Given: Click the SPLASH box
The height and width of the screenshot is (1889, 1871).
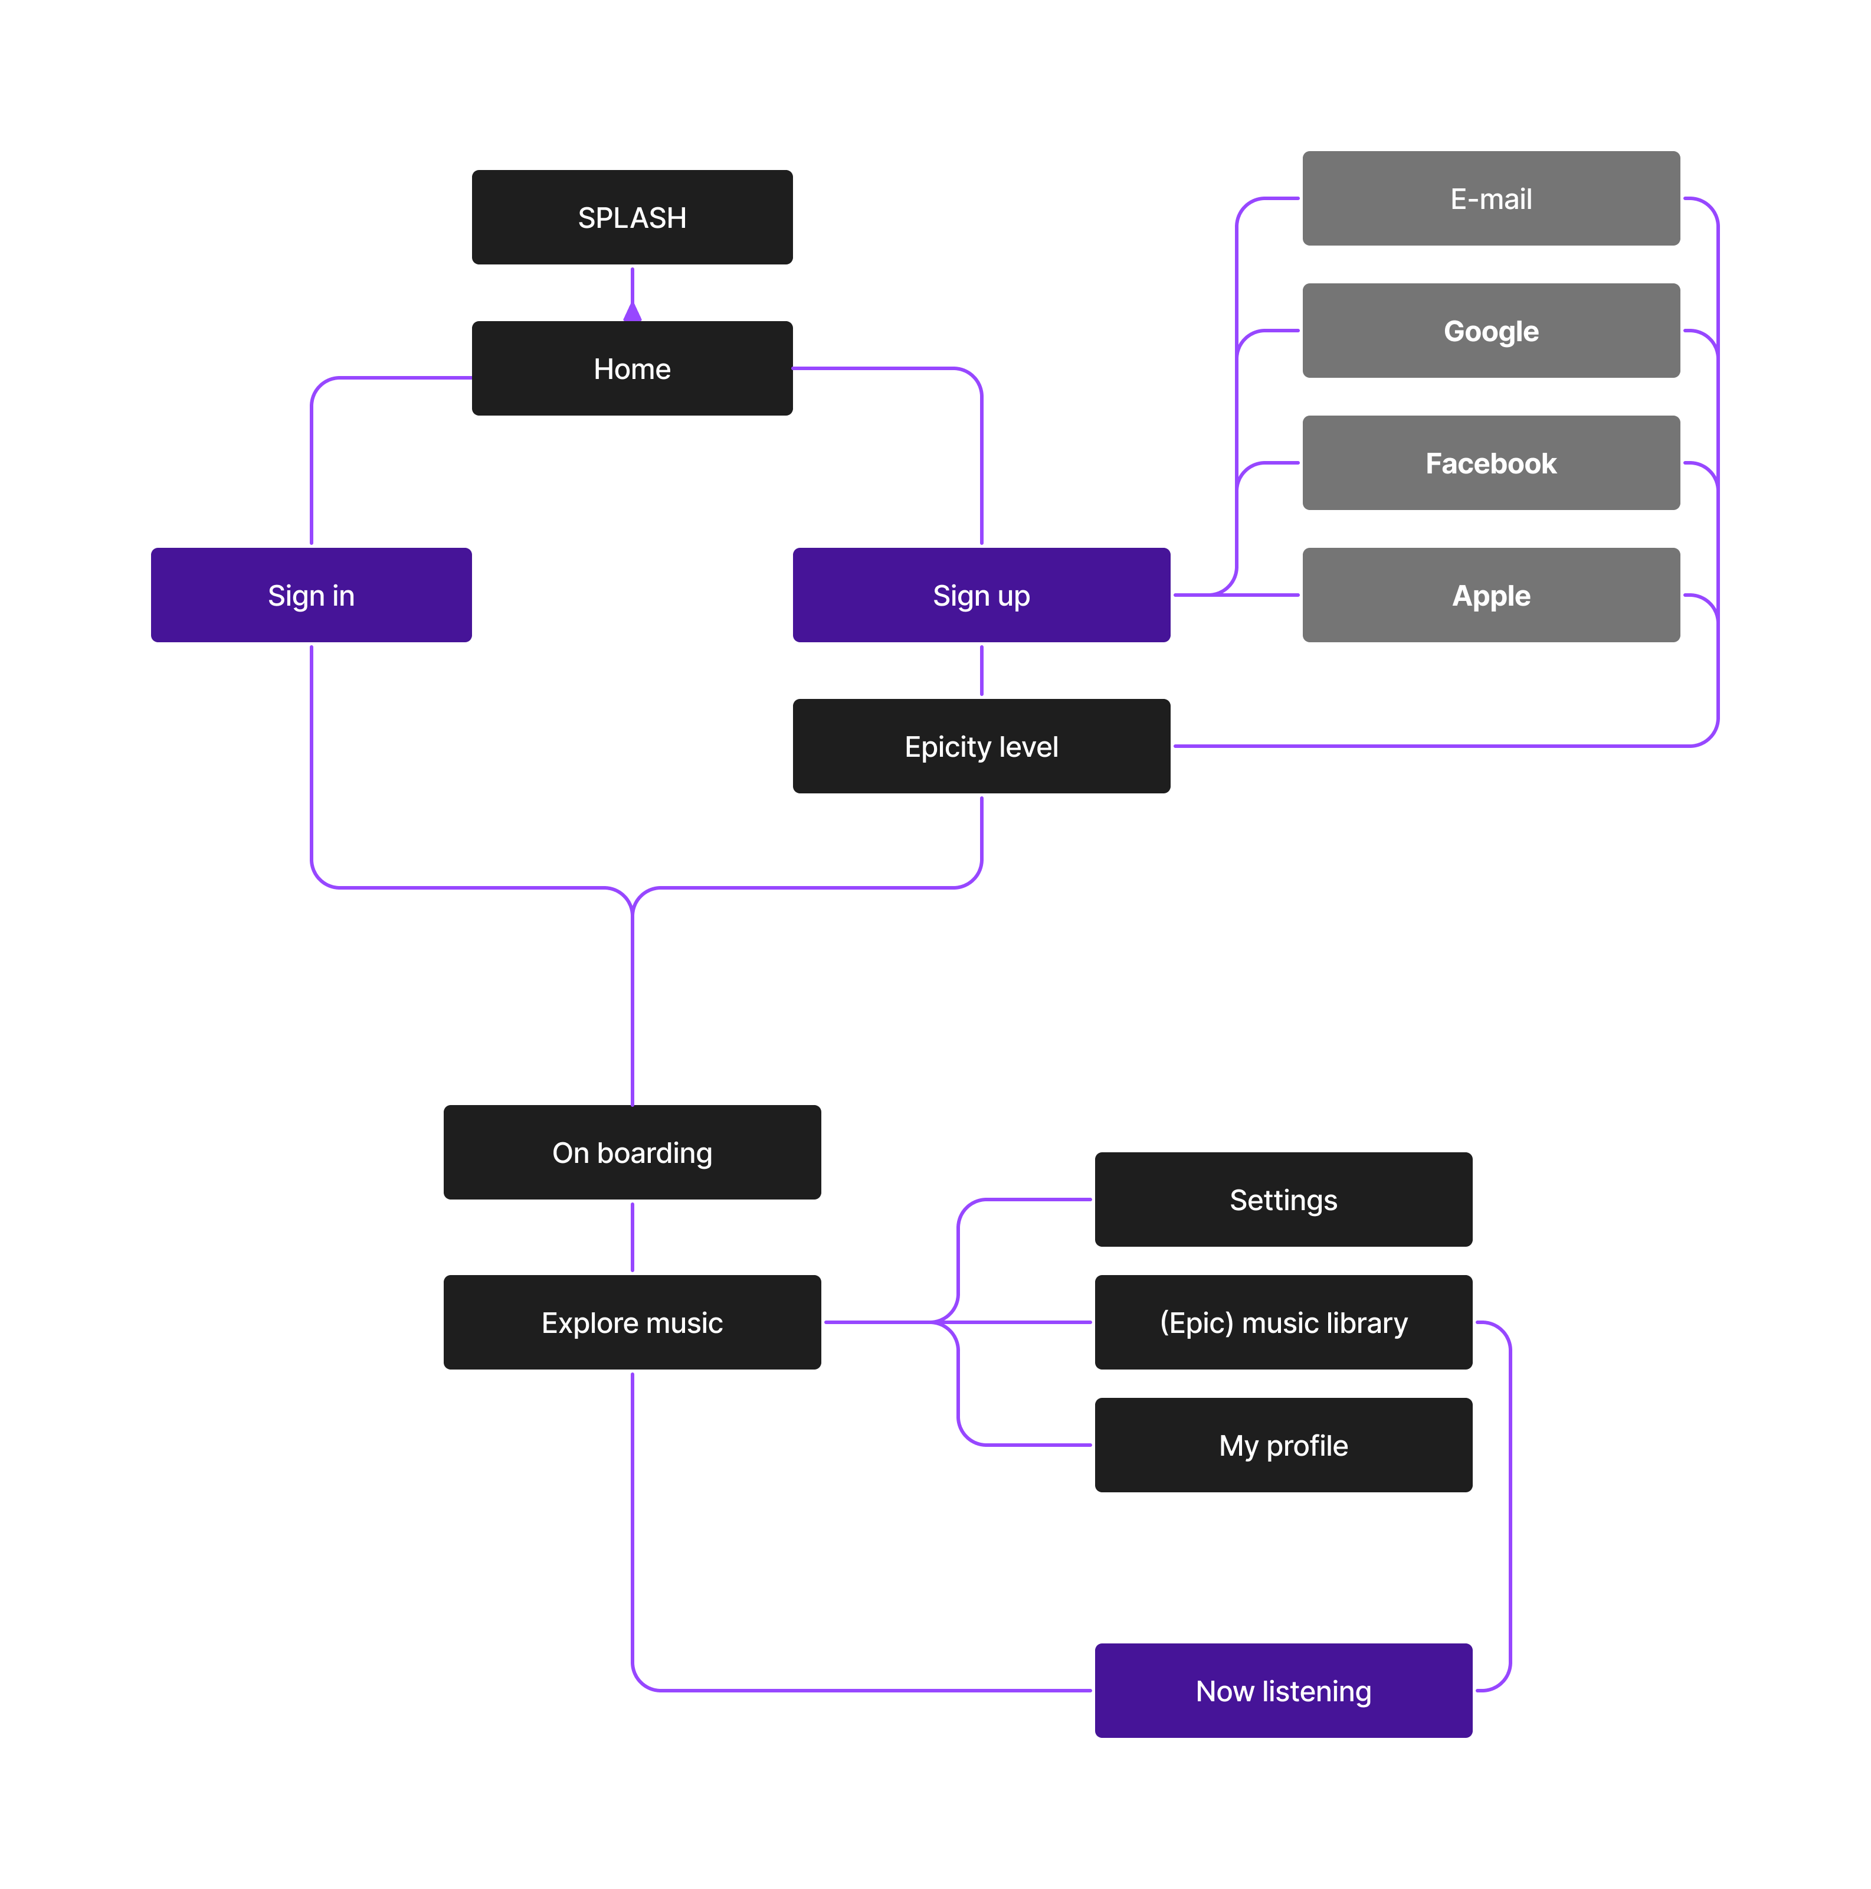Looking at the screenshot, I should click(631, 217).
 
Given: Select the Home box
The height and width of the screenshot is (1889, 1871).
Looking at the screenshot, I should click(631, 368).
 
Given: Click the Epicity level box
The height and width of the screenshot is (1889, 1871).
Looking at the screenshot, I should click(981, 746).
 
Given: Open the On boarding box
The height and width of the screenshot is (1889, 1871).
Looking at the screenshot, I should click(631, 1152).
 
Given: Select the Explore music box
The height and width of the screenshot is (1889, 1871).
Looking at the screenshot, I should click(631, 1322).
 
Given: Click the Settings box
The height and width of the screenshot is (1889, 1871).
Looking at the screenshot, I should click(1283, 1199).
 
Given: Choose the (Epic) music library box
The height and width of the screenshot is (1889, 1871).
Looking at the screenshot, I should click(1283, 1322).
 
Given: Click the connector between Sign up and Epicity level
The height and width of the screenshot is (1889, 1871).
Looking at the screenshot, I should click(981, 671).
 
